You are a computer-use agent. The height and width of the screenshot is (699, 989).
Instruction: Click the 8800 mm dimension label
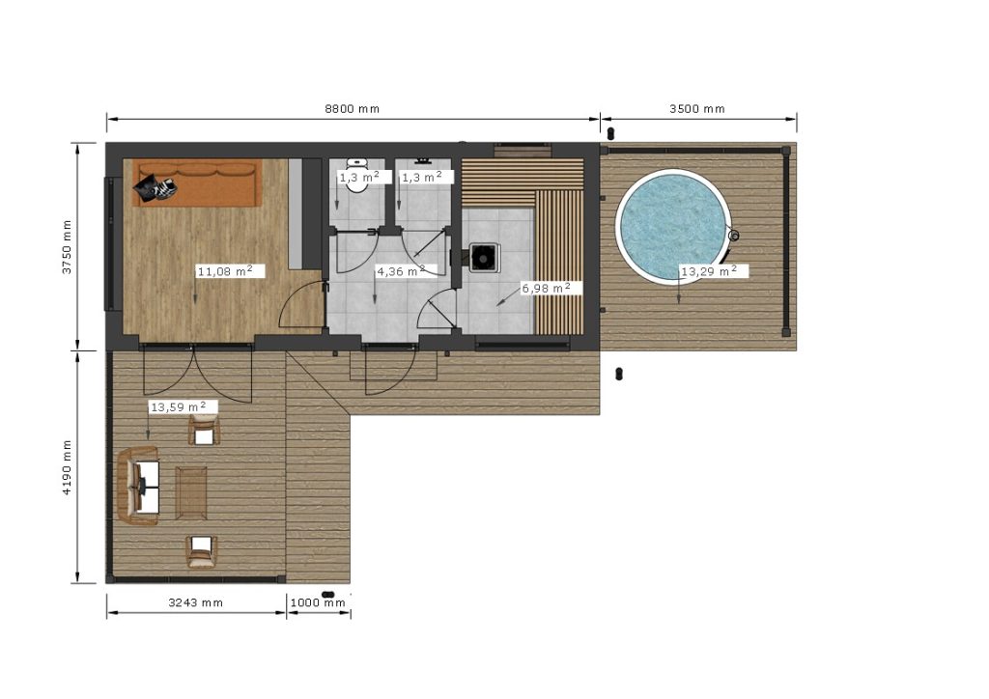tap(352, 108)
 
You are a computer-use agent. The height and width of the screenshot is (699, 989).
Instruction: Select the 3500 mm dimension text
tap(697, 108)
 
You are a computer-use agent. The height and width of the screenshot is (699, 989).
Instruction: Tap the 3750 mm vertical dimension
tap(67, 246)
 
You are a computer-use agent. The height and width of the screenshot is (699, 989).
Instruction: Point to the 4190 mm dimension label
tap(67, 467)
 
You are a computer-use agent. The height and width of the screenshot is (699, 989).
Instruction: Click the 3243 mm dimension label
tap(195, 602)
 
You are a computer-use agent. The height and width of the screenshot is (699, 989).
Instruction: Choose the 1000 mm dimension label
tap(318, 602)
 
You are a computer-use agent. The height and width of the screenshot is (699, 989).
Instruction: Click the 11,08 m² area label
tap(226, 271)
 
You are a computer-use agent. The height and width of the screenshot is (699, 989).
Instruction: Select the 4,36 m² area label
tap(401, 271)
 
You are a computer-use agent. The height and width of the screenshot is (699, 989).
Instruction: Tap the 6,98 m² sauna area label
tap(547, 288)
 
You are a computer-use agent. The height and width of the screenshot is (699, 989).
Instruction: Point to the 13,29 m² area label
tap(709, 271)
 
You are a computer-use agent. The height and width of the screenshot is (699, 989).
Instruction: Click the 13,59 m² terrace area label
tap(179, 407)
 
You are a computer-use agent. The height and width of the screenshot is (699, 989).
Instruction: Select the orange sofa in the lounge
tap(197, 182)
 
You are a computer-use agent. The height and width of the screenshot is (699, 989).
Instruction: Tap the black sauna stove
tap(485, 258)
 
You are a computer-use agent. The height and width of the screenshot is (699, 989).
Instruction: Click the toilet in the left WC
tap(357, 177)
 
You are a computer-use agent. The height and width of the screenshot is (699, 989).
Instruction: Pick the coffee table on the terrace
tap(191, 493)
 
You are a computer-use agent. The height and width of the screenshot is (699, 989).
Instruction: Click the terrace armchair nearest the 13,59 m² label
tap(204, 430)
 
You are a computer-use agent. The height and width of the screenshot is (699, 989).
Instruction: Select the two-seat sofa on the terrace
tap(139, 486)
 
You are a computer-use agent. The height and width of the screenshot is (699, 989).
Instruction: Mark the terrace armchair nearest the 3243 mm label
tap(202, 551)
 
